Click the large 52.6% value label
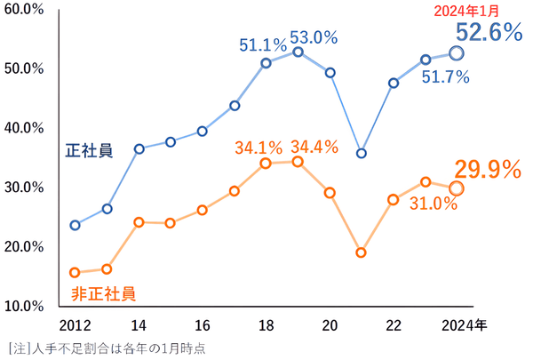(x=489, y=33)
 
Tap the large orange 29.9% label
(x=488, y=170)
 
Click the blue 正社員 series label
(x=88, y=150)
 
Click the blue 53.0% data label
(x=314, y=38)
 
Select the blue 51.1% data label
(x=262, y=44)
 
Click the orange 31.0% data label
(x=434, y=204)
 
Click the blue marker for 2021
(x=362, y=153)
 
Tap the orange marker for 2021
(x=362, y=252)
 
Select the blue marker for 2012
(x=75, y=225)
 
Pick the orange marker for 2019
(x=298, y=162)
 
